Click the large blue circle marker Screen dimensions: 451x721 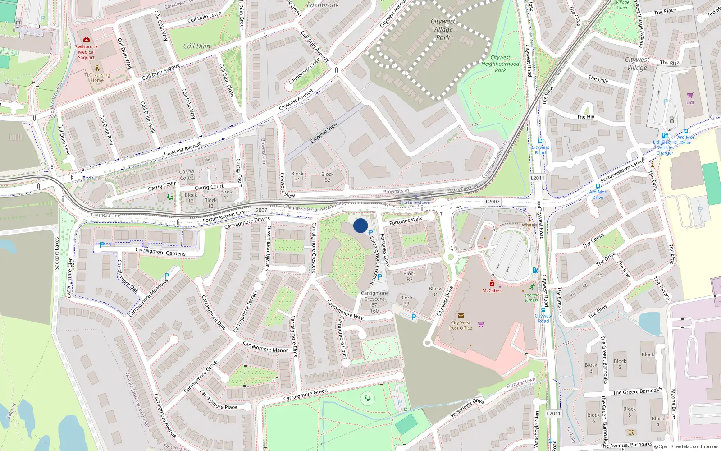tap(360, 225)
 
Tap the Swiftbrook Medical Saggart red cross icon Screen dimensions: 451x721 tap(86, 40)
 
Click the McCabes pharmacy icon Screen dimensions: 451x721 tap(492, 284)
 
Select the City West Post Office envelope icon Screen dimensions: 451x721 tap(461, 316)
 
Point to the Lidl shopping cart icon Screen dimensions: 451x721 tap(690, 95)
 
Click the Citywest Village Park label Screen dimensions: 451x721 tap(443, 29)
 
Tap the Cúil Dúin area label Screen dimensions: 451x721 tap(196, 46)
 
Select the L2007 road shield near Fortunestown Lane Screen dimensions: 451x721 tap(260, 210)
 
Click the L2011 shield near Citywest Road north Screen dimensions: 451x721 tap(537, 178)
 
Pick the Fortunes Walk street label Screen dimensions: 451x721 tap(406, 221)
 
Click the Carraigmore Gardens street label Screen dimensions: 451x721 tap(160, 252)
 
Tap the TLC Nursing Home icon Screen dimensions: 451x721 tap(97, 69)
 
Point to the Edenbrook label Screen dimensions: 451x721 tap(323, 5)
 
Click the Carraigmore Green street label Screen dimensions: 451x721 tap(305, 395)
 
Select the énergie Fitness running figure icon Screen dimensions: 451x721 tap(532, 287)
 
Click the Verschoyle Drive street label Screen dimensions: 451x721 tap(467, 408)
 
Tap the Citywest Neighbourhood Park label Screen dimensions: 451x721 tap(500, 64)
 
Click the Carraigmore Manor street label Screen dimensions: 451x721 tap(265, 347)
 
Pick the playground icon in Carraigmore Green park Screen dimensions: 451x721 tap(368, 398)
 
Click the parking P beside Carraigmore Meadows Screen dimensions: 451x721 tap(167, 276)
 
